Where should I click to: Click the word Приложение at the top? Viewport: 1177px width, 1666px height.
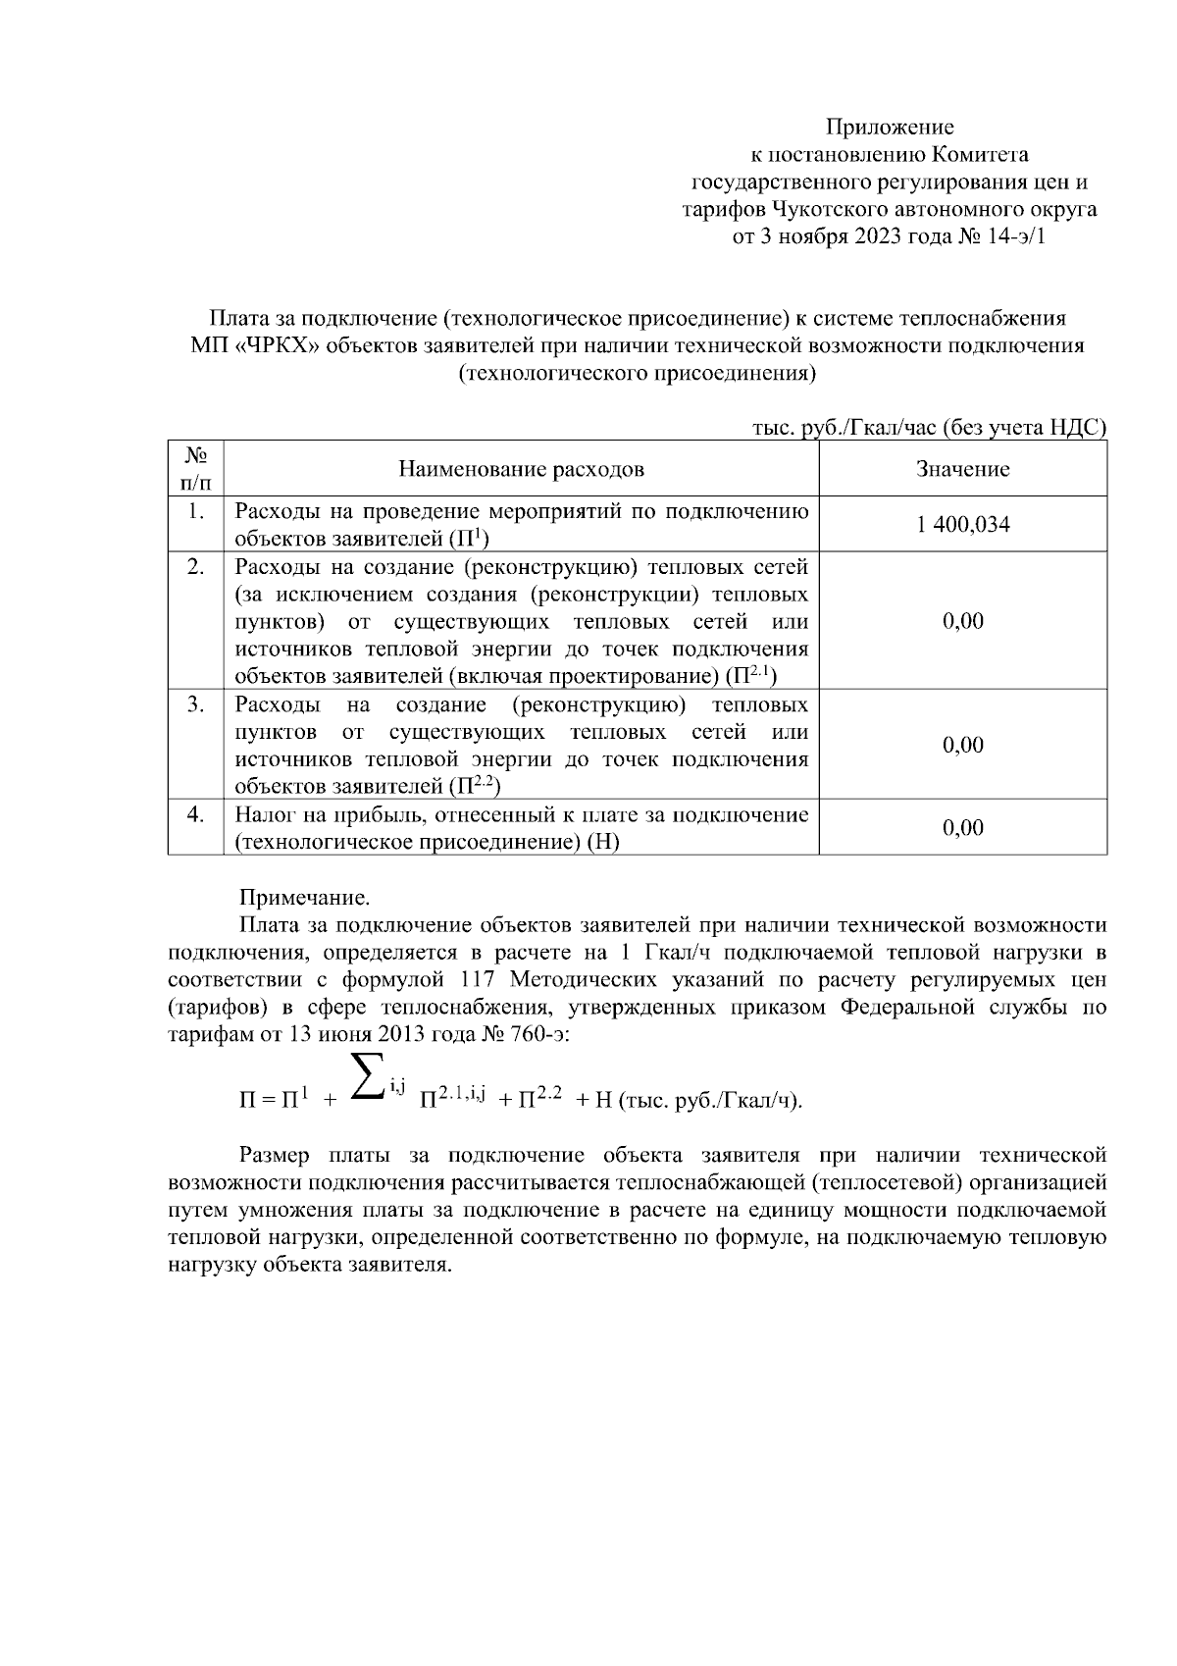(889, 127)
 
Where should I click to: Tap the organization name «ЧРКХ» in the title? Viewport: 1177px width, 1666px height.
(279, 346)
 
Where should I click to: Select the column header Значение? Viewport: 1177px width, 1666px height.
(962, 469)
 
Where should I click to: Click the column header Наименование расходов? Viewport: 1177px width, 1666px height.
(521, 469)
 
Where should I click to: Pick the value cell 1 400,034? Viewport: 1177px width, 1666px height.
(962, 525)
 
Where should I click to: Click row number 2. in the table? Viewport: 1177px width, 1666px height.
(196, 567)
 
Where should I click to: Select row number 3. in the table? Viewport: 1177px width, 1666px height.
(196, 704)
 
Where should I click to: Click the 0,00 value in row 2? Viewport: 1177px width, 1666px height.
(962, 621)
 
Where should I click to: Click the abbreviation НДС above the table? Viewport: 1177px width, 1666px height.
(1077, 428)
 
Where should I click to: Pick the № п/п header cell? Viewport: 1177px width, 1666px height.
(196, 468)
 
